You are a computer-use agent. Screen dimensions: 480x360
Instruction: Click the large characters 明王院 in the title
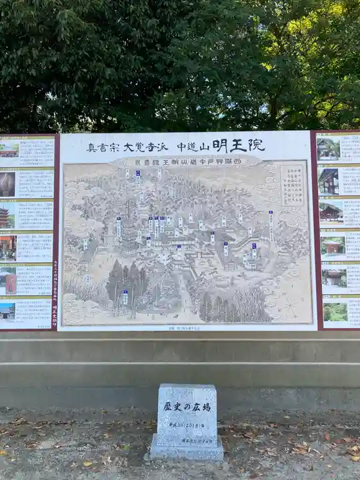coord(238,145)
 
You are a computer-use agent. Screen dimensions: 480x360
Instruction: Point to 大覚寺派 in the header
coord(145,147)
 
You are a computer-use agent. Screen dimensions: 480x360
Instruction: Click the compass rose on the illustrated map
coord(289,307)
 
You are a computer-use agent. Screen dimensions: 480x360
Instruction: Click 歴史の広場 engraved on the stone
coord(187,406)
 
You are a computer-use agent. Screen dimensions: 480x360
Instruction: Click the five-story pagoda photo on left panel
coord(5,216)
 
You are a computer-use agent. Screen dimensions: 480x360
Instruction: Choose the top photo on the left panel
coord(9,149)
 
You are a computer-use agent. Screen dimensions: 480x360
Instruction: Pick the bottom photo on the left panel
coord(7,311)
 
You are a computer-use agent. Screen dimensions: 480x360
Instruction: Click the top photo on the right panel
coord(328,148)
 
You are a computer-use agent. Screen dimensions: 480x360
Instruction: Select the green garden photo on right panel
coord(335,311)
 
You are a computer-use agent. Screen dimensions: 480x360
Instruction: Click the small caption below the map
coord(187,328)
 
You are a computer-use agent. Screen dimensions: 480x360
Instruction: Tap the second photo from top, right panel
coord(328,181)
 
